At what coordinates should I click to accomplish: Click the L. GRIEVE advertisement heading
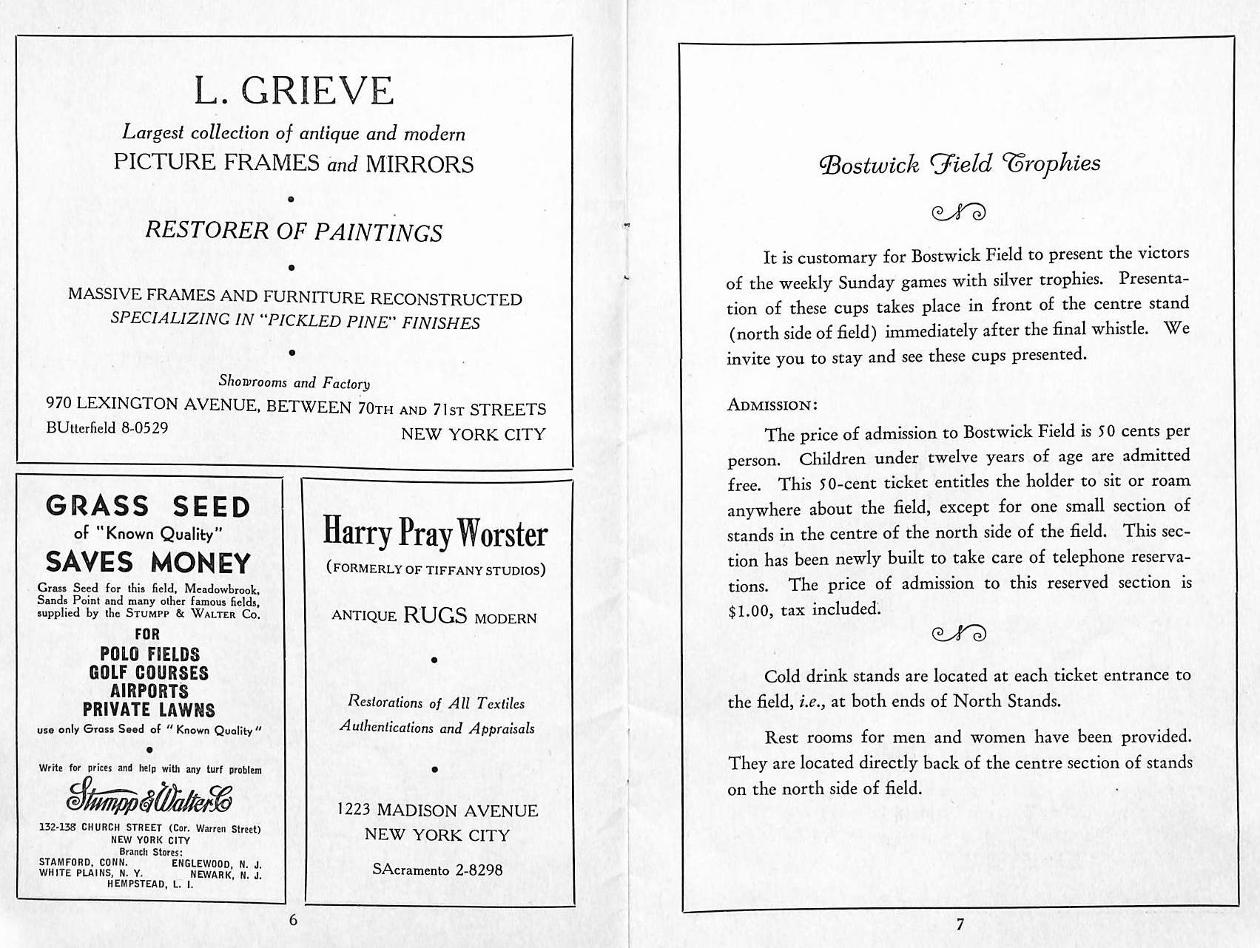[x=294, y=91]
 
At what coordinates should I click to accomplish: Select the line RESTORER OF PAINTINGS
[x=293, y=231]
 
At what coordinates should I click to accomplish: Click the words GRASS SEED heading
[x=148, y=507]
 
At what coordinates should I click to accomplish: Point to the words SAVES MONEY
[x=148, y=562]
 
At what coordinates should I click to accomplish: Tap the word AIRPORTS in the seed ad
[x=149, y=691]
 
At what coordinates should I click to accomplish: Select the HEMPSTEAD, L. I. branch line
[x=150, y=884]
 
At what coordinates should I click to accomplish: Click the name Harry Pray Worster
[x=434, y=533]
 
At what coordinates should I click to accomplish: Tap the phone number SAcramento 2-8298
[x=437, y=870]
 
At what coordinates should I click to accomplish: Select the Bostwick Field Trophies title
[x=960, y=163]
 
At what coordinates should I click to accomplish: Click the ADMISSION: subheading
[x=772, y=405]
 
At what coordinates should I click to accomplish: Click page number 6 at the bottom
[x=293, y=920]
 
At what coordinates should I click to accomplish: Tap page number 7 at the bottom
[x=960, y=924]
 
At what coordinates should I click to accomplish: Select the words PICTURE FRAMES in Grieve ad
[x=216, y=162]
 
